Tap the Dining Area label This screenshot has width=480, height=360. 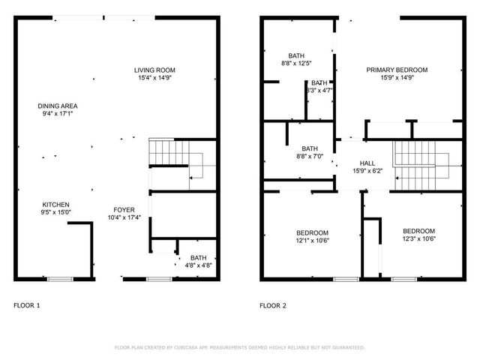pyautogui.click(x=58, y=106)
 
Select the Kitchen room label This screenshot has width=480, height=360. pyautogui.click(x=55, y=205)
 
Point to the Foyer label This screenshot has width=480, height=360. pyautogui.click(x=124, y=210)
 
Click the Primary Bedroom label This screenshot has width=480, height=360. pyautogui.click(x=397, y=70)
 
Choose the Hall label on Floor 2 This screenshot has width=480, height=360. pyautogui.click(x=367, y=163)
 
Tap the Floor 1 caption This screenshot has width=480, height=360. pyautogui.click(x=27, y=305)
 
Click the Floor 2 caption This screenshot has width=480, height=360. pyautogui.click(x=273, y=305)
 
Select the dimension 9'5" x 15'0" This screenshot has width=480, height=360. pyautogui.click(x=55, y=212)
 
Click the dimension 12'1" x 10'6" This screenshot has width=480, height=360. pyautogui.click(x=312, y=240)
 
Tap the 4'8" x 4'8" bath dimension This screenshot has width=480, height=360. pyautogui.click(x=198, y=265)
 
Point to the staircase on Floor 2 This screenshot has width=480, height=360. pyautogui.click(x=420, y=165)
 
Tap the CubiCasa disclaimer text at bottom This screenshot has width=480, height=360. pyautogui.click(x=239, y=348)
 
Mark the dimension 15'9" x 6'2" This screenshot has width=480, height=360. pyautogui.click(x=367, y=171)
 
